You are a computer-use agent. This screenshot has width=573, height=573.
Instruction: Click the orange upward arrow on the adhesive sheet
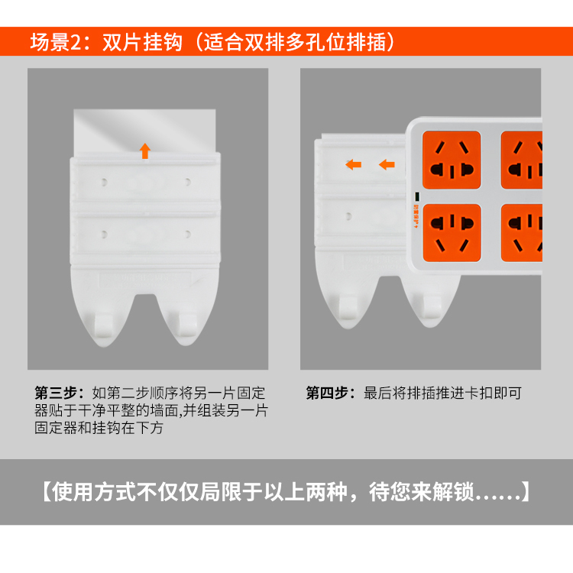(145, 151)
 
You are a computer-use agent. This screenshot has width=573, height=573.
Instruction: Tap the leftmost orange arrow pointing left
(354, 164)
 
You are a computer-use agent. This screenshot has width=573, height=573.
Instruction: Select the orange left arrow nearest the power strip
(387, 164)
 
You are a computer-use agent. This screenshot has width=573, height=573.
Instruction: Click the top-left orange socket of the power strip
(452, 160)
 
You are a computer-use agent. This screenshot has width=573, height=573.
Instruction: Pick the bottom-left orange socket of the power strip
(452, 233)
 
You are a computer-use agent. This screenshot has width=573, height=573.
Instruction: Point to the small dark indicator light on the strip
(417, 196)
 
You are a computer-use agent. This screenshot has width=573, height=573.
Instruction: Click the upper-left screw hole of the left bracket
(104, 182)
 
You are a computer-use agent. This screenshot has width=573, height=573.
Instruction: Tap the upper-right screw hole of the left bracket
(187, 182)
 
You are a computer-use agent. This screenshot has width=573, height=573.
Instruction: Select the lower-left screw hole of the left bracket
(104, 235)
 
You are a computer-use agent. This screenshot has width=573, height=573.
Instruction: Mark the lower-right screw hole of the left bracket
(187, 234)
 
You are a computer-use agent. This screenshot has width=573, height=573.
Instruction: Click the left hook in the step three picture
(103, 325)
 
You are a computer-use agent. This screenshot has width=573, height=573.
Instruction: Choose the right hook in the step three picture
(187, 325)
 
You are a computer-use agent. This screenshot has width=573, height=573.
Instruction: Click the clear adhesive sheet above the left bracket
(144, 131)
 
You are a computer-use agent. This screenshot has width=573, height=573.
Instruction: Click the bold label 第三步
(56, 393)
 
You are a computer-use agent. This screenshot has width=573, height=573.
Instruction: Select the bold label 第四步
(327, 393)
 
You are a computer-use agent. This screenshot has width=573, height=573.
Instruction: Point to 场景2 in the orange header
(56, 42)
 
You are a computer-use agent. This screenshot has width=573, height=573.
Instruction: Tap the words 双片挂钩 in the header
(143, 42)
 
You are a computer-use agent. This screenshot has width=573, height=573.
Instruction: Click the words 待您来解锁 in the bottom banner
(421, 492)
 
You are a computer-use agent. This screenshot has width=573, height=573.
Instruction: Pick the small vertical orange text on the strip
(416, 216)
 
